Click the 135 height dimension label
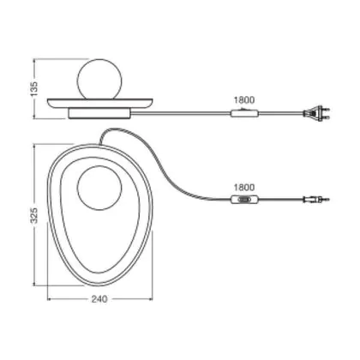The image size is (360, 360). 34,88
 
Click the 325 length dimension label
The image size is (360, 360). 34,215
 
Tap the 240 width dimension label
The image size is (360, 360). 99,299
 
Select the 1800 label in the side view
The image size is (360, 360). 244,100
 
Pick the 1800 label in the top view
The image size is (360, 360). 244,188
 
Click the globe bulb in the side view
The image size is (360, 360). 100,79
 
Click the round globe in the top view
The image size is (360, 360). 99,189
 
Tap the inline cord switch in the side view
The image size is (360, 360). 244,113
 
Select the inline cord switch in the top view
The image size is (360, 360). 244,200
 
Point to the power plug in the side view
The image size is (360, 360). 316,113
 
